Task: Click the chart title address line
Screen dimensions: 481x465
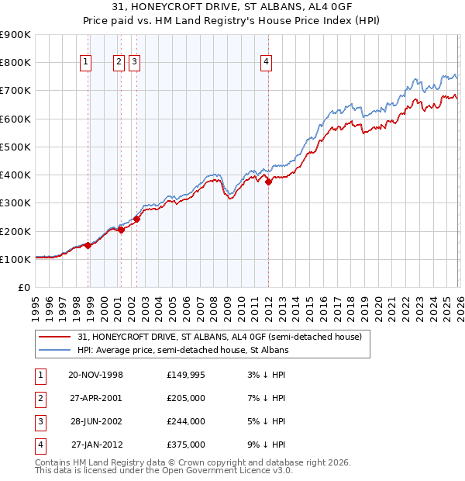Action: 232,7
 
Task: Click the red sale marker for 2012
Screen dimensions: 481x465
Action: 268,182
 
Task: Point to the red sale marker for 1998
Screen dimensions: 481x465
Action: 88,245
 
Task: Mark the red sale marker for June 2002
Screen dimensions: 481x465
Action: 136,219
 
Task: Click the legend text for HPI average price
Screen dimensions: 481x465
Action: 183,351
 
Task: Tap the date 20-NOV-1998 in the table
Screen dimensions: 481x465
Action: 96,375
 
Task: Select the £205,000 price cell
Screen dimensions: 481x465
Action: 186,398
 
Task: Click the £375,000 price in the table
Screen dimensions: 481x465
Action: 186,445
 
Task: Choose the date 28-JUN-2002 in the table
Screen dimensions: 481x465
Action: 96,421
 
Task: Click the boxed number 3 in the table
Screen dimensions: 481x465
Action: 40,421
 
